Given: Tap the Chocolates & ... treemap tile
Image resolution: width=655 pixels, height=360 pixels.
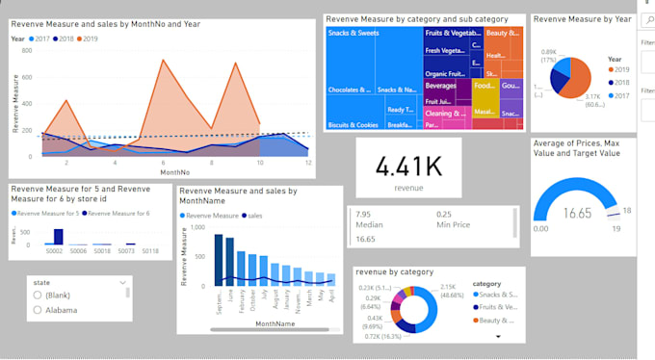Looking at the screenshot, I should [x=350, y=90].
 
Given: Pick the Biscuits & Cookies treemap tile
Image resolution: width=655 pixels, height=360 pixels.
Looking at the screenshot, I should [x=352, y=124].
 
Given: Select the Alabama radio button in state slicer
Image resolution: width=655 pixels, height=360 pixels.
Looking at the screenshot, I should [x=38, y=310].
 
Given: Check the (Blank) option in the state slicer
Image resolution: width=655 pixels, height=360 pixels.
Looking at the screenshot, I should [x=38, y=296].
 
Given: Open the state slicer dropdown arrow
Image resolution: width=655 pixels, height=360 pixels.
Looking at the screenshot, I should [x=123, y=282].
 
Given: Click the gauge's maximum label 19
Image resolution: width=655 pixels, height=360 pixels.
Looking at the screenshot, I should [x=616, y=228].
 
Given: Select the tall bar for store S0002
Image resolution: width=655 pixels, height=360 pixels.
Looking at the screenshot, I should [x=58, y=237].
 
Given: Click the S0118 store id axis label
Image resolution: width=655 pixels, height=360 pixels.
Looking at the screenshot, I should [x=149, y=250].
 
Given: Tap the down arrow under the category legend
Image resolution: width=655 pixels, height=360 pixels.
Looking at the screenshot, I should [x=498, y=337].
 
